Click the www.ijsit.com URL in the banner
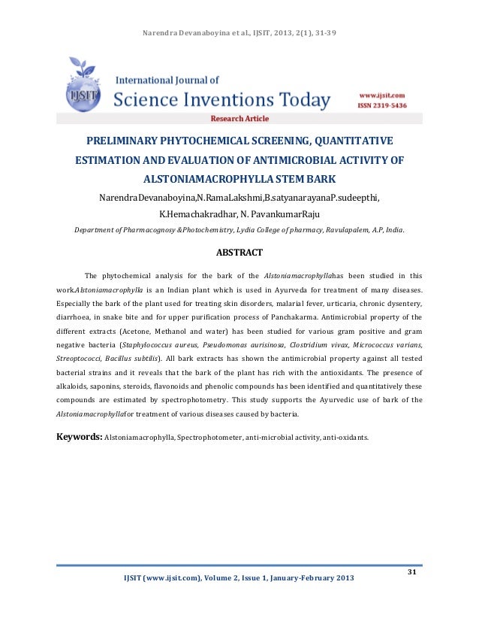pos(381,96)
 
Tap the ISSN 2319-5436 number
pos(381,106)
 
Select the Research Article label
pos(239,119)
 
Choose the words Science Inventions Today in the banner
pos(222,99)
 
